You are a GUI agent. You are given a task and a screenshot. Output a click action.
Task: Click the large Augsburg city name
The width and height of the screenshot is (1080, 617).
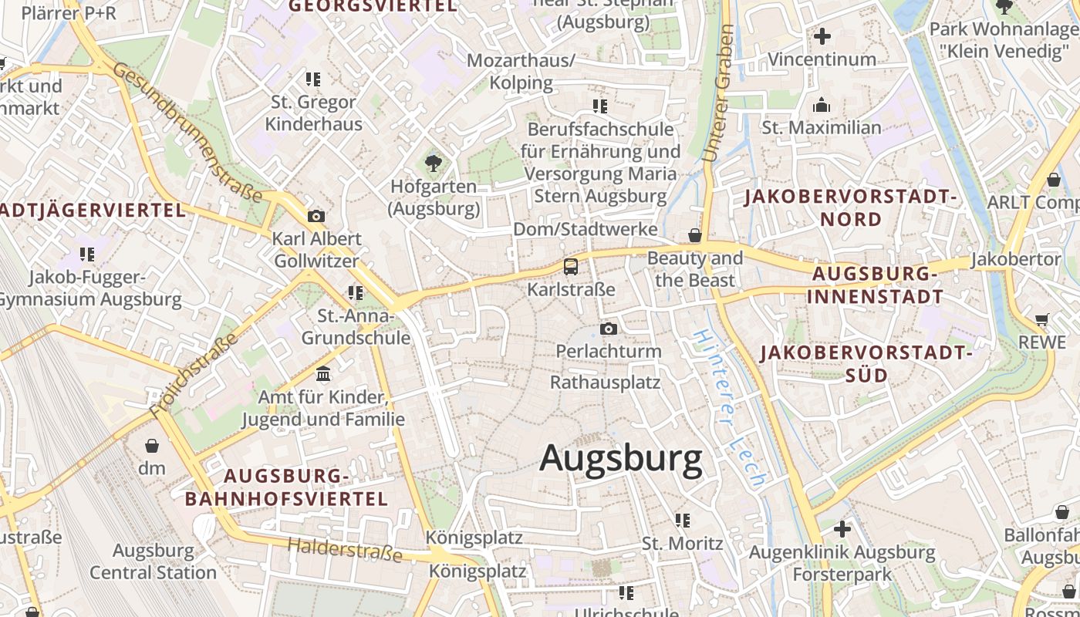(x=621, y=458)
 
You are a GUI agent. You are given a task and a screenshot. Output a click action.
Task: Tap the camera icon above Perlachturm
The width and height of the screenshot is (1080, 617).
(x=609, y=329)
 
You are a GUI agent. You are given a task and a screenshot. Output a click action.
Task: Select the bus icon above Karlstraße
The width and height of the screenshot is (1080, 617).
(x=571, y=267)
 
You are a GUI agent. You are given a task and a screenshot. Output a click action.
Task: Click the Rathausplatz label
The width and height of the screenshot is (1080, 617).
(x=605, y=382)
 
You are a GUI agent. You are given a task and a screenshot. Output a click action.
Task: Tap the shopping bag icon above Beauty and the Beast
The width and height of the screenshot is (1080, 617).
(x=695, y=235)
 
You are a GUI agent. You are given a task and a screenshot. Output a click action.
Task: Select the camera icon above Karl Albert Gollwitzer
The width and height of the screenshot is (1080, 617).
(x=316, y=216)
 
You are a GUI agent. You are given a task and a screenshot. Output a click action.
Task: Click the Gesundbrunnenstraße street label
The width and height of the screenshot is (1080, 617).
(x=188, y=133)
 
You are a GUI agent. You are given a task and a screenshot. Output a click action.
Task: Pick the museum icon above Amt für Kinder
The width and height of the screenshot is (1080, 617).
(x=323, y=374)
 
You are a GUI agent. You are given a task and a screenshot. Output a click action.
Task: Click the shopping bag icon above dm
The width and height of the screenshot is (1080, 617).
(x=152, y=446)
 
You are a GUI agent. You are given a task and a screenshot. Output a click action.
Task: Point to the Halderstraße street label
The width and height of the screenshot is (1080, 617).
(x=345, y=549)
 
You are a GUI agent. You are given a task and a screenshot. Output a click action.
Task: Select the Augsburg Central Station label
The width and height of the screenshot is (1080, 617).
(x=153, y=561)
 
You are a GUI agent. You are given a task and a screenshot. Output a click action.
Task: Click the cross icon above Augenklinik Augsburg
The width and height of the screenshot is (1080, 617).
(x=842, y=529)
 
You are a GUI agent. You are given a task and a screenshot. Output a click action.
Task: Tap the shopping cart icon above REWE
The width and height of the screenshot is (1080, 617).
(x=1042, y=319)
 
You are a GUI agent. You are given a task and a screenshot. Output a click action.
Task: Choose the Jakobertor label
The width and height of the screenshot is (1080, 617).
(x=1016, y=259)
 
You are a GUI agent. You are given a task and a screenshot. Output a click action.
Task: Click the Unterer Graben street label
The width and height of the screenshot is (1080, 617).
(x=718, y=93)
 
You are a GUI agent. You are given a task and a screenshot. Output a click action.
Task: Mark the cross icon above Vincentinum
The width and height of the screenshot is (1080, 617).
(x=822, y=35)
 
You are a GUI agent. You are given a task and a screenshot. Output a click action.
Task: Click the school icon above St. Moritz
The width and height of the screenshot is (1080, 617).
(x=683, y=521)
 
